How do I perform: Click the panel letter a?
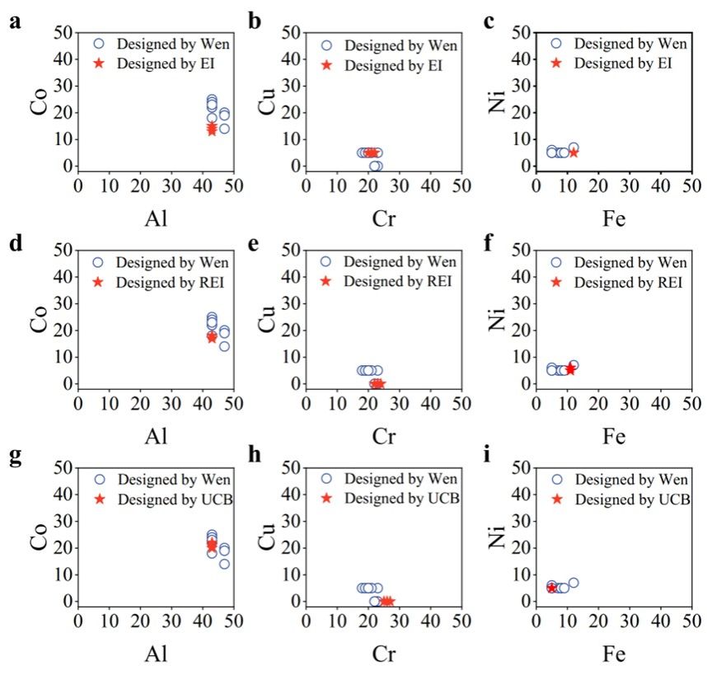(15, 22)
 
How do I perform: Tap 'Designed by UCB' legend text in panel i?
(631, 499)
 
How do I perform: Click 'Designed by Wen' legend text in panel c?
(630, 43)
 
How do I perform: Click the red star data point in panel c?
(574, 152)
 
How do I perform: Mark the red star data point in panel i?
(551, 588)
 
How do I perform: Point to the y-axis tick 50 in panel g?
(59, 467)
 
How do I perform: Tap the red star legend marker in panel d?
(99, 282)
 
